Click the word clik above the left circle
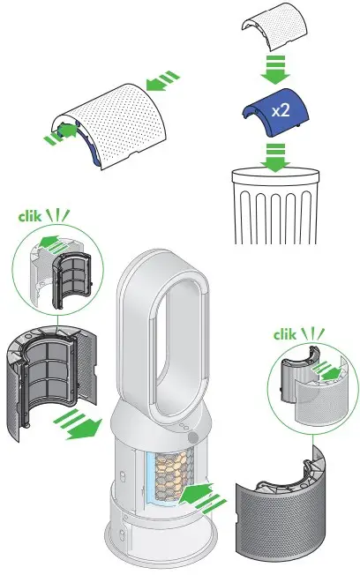coord(31,214)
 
